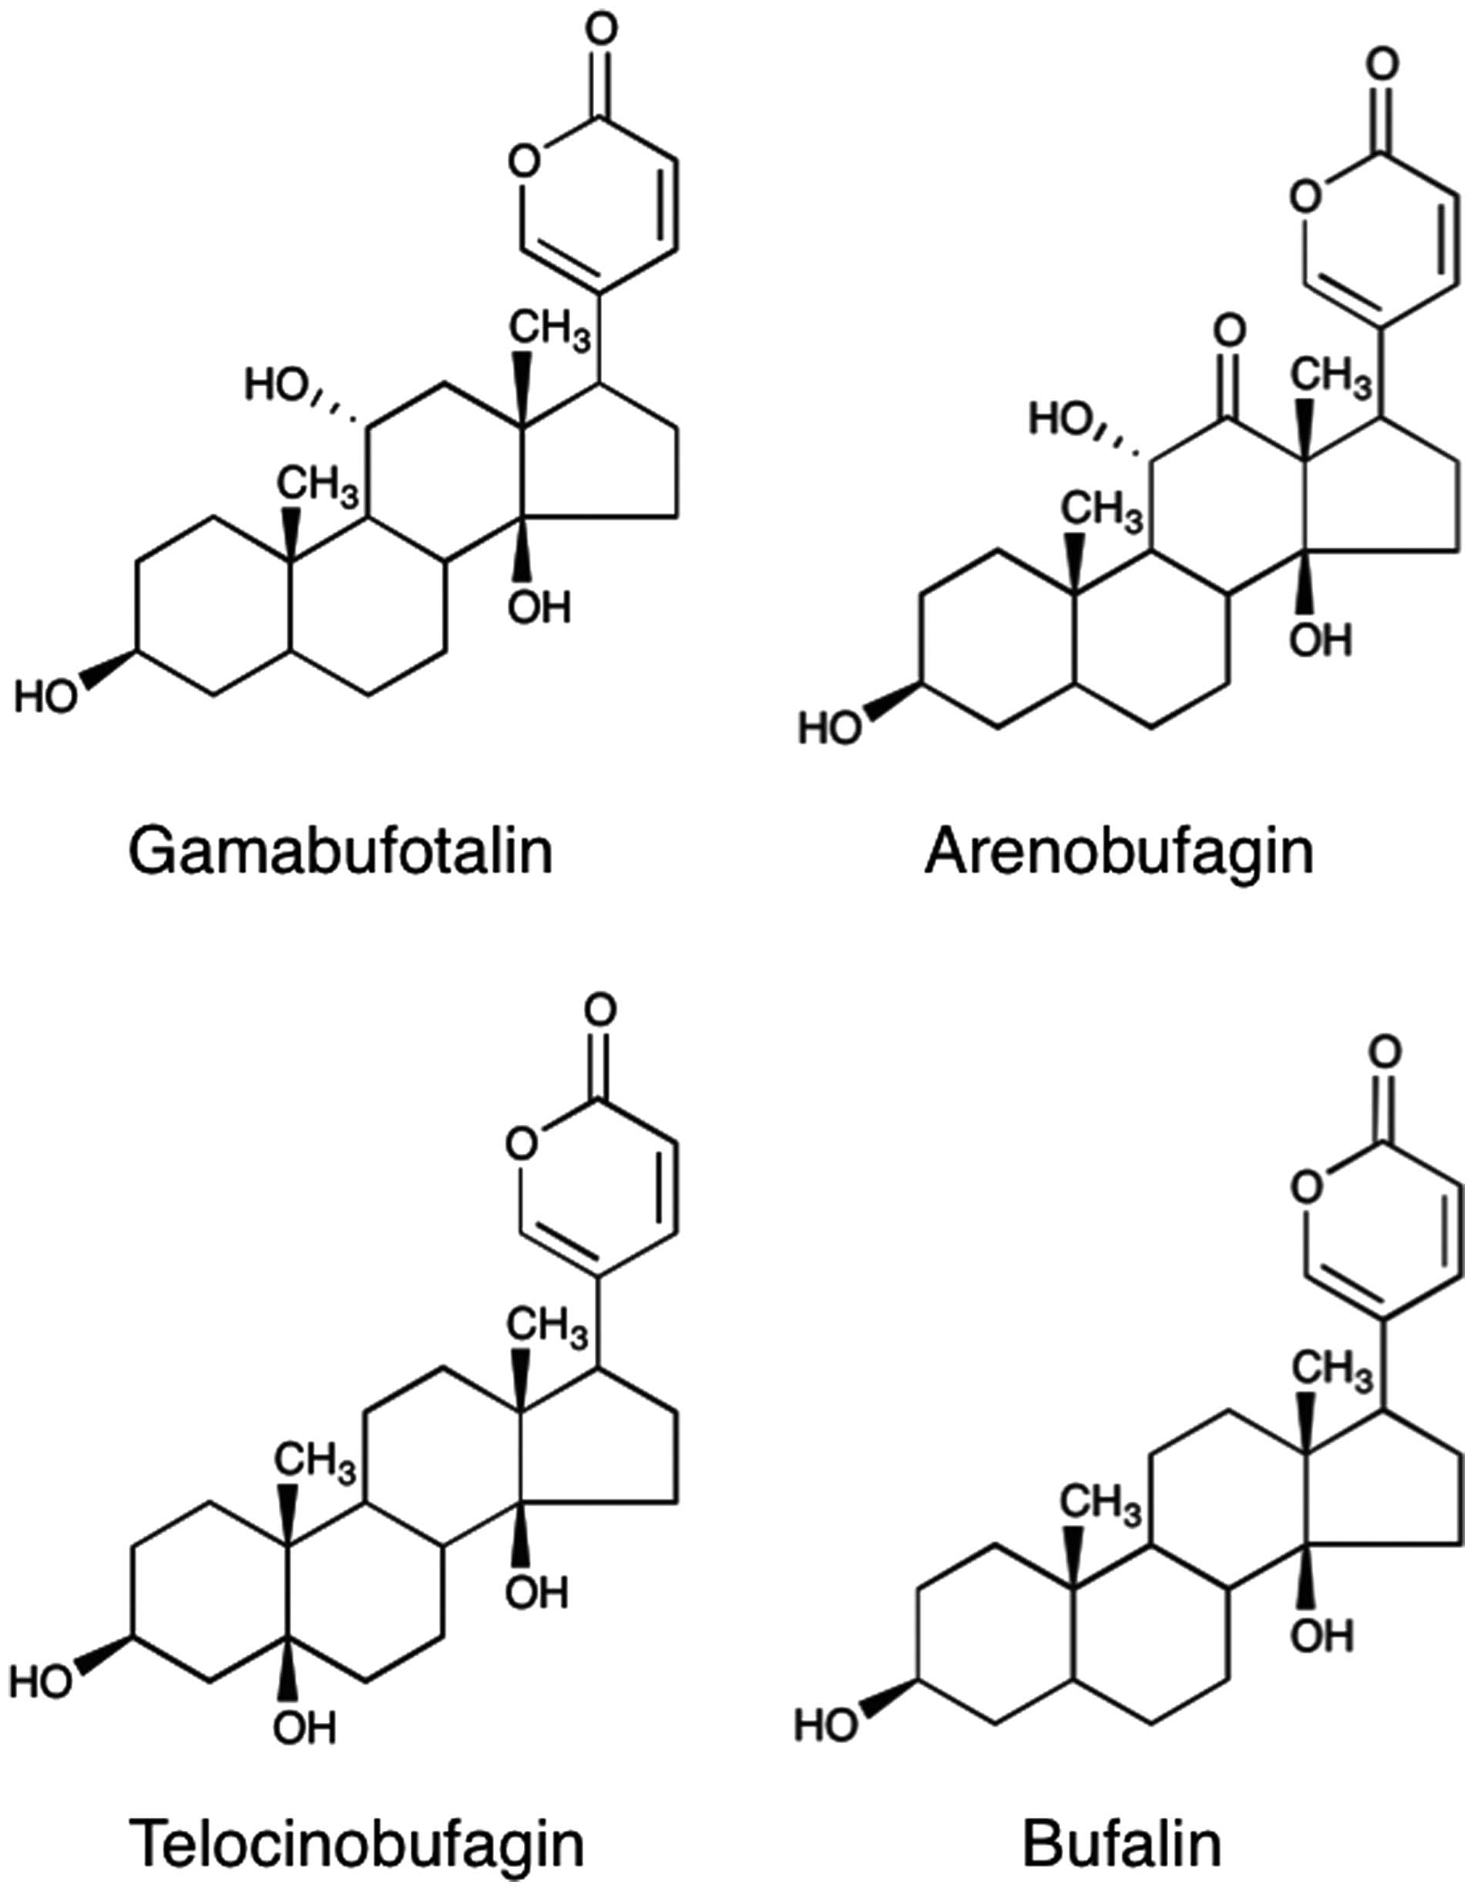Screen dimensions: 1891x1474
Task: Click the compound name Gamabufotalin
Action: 340,851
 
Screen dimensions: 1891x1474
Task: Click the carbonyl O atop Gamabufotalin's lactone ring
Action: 603,29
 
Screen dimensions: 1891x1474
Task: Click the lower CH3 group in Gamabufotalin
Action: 317,486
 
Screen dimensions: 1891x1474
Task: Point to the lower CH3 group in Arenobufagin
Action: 1101,511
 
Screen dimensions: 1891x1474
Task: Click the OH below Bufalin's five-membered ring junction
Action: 1319,1635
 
